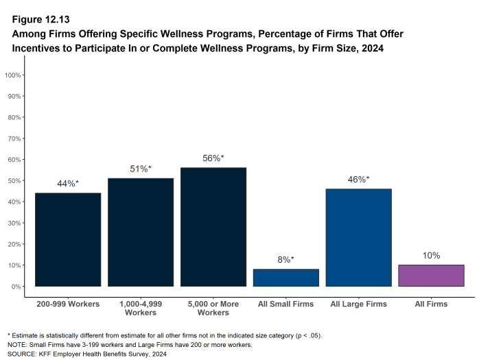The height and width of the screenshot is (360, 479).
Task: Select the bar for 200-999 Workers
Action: (68, 239)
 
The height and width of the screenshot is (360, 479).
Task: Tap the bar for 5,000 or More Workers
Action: (213, 227)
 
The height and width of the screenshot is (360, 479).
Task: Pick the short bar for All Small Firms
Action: (286, 278)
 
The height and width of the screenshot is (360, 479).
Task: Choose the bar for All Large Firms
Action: (358, 237)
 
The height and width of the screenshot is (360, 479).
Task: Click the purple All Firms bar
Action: (431, 276)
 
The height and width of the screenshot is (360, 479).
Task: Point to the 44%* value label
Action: (68, 183)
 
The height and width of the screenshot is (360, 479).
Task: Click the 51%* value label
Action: (141, 169)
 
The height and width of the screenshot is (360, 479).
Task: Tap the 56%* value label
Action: (213, 158)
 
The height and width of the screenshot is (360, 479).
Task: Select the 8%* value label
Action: (286, 259)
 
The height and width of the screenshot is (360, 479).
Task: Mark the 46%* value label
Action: (358, 179)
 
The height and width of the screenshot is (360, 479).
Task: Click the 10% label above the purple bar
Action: (431, 255)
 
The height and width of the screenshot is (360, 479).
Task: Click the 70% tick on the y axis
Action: (13, 139)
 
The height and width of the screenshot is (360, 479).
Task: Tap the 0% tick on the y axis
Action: (15, 287)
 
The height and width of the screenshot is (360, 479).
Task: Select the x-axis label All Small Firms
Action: (286, 304)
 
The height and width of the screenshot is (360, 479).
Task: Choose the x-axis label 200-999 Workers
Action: (68, 304)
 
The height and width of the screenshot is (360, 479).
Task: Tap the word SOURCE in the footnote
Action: (23, 354)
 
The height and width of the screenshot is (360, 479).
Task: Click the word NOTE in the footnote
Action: (18, 345)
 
